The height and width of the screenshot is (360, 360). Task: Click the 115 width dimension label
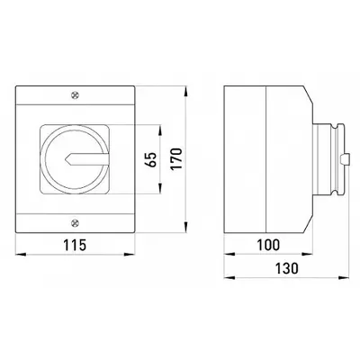tap(75, 245)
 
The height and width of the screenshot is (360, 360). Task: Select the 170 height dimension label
tap(176, 158)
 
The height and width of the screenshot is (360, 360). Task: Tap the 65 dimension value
tap(151, 159)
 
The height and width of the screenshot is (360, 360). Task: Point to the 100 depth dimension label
tap(268, 245)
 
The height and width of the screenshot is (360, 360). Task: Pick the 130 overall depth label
tap(286, 268)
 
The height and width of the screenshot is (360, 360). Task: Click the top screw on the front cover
tap(75, 95)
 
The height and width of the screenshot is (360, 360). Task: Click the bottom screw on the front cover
tap(75, 223)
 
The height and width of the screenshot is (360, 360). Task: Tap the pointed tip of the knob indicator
tap(65, 160)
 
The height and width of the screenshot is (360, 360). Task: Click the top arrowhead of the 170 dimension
tap(186, 92)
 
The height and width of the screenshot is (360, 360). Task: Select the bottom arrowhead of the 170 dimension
tap(186, 227)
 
